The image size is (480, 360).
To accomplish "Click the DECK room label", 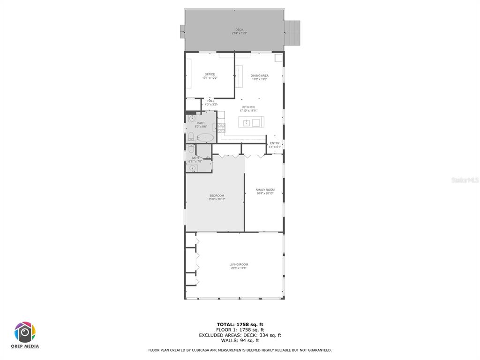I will pyautogui.click(x=239, y=30).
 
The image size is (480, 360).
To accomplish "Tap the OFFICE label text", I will pyautogui.click(x=210, y=75).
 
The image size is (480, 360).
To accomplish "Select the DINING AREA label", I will pyautogui.click(x=259, y=76).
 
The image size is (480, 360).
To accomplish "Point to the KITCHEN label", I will pyautogui.click(x=248, y=107).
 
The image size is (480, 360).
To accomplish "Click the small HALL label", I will pyautogui.click(x=211, y=101).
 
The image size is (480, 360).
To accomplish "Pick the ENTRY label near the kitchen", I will pyautogui.click(x=275, y=143).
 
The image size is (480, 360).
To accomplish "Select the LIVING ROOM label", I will pyautogui.click(x=239, y=265).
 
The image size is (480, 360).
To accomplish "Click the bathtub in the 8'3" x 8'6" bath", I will pyautogui.click(x=205, y=138).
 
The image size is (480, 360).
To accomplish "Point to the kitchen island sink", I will pyautogui.click(x=247, y=123).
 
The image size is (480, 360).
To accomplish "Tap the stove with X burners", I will pyautogui.click(x=222, y=127).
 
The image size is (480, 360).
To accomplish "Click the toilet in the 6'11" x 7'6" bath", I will pyautogui.click(x=191, y=149).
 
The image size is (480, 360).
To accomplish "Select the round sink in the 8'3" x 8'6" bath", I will pyautogui.click(x=192, y=119).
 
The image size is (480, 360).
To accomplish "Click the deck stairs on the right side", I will pyautogui.click(x=292, y=33).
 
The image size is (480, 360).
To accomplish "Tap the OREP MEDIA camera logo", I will pyautogui.click(x=25, y=333).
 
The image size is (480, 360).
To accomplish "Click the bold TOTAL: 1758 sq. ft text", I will pyautogui.click(x=240, y=324).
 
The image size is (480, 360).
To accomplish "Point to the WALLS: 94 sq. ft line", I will pyautogui.click(x=240, y=340).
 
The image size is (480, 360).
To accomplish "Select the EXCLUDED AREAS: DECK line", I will pyautogui.click(x=240, y=335).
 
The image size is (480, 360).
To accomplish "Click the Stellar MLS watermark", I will pyautogui.click(x=465, y=180).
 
